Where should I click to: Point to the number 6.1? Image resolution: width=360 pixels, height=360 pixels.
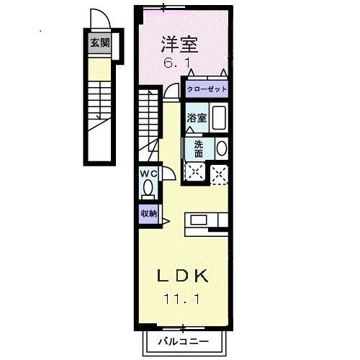pos(179,63)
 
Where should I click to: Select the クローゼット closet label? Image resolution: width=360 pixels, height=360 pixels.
pos(207,89)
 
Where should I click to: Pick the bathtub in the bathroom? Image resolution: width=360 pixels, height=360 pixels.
pos(219,118)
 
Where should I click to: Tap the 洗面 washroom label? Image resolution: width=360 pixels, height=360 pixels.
pos(198,148)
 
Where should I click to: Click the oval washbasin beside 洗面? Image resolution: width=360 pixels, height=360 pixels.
pos(221,148)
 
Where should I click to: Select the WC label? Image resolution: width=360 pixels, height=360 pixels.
pos(148,174)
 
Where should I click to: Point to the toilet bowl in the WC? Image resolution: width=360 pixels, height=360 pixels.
pos(148,189)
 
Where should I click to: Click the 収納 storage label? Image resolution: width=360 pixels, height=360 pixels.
pos(148,213)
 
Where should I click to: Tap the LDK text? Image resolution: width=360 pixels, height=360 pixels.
pos(184,276)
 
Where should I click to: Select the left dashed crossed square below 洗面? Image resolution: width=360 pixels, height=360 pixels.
pos(194,172)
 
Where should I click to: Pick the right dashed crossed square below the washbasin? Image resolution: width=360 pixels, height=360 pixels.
pos(219,172)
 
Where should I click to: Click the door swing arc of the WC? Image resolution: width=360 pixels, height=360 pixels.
pos(165,174)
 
